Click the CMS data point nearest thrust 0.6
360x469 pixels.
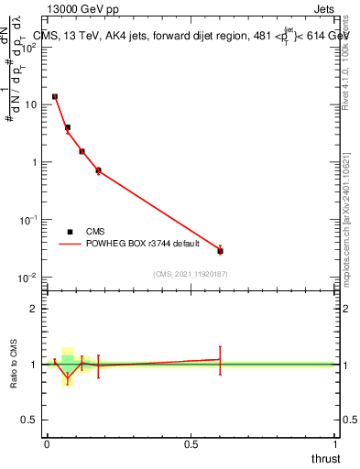(x=220, y=250)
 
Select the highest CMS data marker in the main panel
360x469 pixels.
(x=55, y=96)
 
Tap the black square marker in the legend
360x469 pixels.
(x=70, y=232)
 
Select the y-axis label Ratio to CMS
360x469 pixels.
(x=14, y=364)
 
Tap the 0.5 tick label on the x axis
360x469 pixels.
(x=191, y=443)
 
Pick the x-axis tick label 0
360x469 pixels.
(x=47, y=443)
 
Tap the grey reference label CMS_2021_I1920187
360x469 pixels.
(x=191, y=274)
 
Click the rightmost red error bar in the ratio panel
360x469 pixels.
(x=220, y=359)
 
